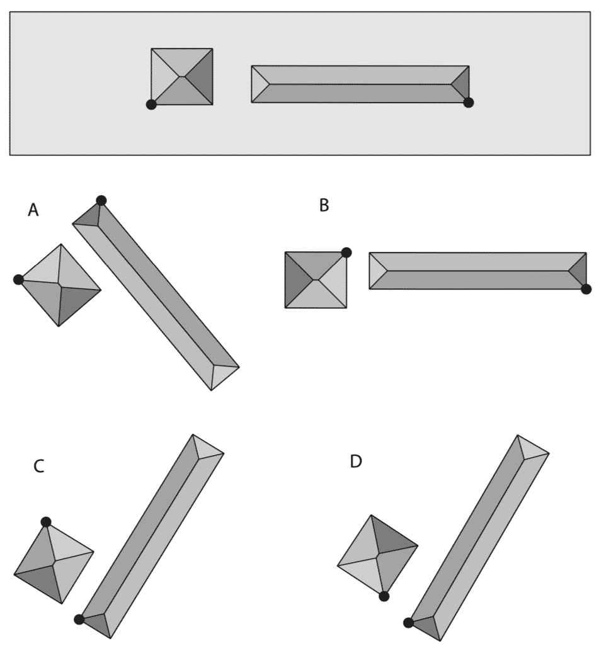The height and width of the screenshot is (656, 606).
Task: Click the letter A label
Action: click(x=33, y=210)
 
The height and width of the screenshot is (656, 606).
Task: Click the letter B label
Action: click(x=324, y=206)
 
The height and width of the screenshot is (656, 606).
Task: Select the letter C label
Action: click(x=39, y=467)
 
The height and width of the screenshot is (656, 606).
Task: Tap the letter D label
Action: click(x=356, y=462)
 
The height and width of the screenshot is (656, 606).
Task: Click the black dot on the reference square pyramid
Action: click(x=151, y=105)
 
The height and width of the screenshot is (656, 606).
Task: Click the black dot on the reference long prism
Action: click(x=468, y=103)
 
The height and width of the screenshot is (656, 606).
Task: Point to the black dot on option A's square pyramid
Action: click(x=18, y=280)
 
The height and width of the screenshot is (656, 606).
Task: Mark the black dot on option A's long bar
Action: click(x=101, y=200)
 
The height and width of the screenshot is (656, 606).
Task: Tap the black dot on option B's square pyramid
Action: click(x=346, y=252)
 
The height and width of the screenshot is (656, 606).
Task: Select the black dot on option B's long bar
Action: click(x=586, y=289)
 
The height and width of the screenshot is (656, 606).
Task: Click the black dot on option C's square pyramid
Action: click(x=45, y=521)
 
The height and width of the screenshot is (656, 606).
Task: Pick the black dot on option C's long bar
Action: click(x=79, y=619)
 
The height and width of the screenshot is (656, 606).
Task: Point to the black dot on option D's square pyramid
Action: click(x=384, y=596)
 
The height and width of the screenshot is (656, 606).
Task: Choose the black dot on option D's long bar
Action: click(x=408, y=623)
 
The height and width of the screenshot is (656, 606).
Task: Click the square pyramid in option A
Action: click(x=60, y=285)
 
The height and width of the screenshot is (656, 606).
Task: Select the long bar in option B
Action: click(x=477, y=271)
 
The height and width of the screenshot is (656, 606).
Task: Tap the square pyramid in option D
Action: click(x=378, y=555)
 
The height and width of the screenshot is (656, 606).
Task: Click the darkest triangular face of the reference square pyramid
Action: click(x=200, y=76)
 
